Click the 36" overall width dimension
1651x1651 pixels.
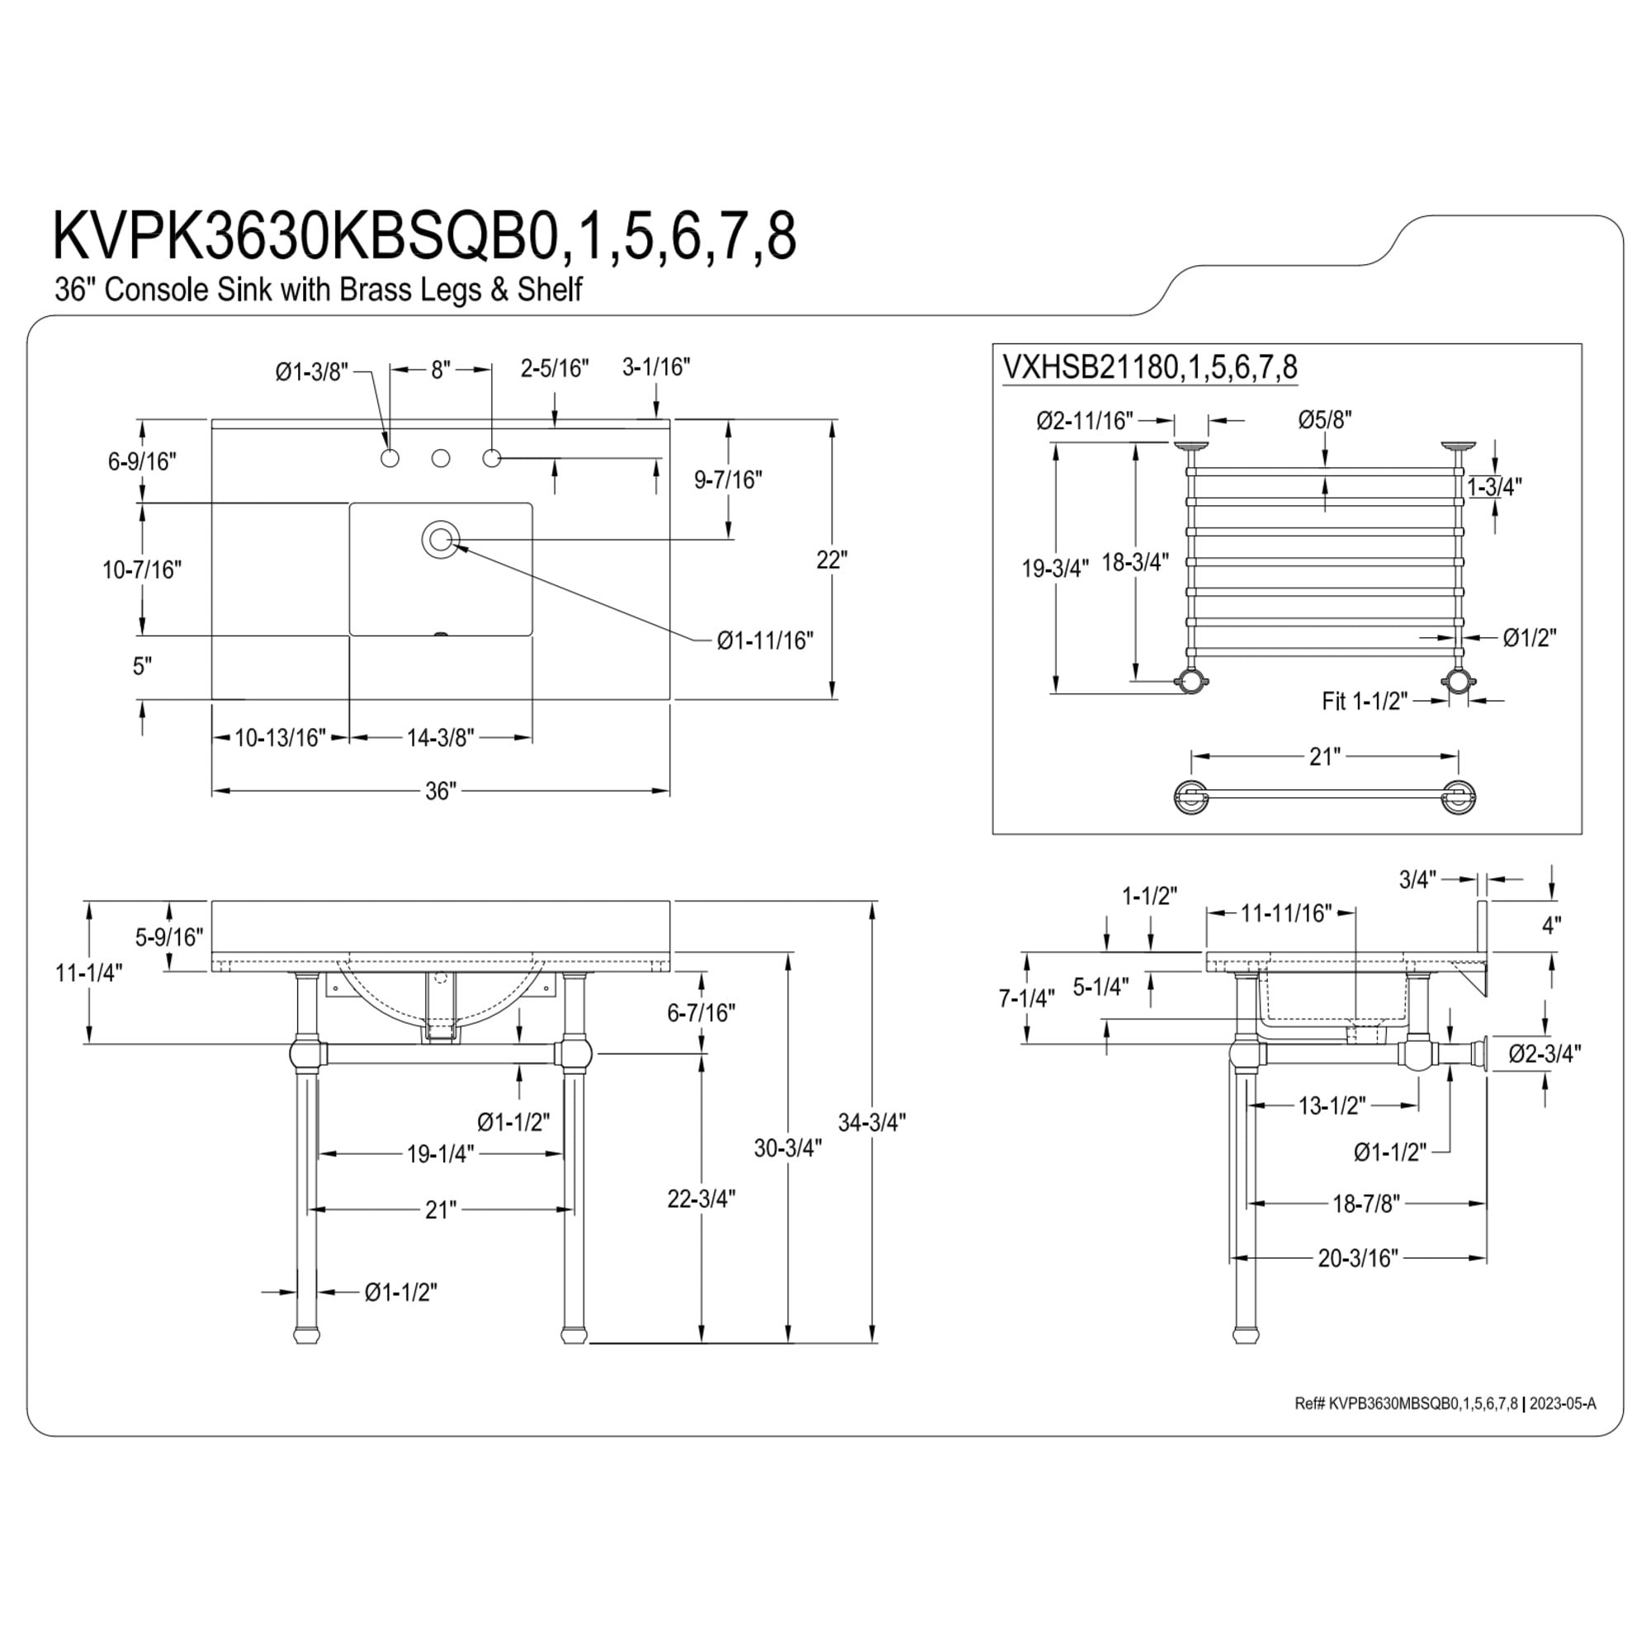441,792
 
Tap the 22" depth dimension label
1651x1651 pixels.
831,561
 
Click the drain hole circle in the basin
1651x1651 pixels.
440,539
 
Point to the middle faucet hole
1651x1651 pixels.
440,459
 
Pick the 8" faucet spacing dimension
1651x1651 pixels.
440,371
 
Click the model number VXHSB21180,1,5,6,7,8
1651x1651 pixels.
1149,367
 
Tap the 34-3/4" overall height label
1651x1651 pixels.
871,1122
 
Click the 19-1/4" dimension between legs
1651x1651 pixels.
440,1154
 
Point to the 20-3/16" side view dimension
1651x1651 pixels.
1358,1282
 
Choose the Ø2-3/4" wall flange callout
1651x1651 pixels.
1545,1053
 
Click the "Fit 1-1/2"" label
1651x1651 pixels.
1365,701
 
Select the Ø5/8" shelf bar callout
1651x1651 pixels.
1325,419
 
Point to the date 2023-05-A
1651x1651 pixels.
1562,1403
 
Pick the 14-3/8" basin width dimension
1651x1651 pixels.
440,737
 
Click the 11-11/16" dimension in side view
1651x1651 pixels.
1286,914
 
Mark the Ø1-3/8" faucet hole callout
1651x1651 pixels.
312,371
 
